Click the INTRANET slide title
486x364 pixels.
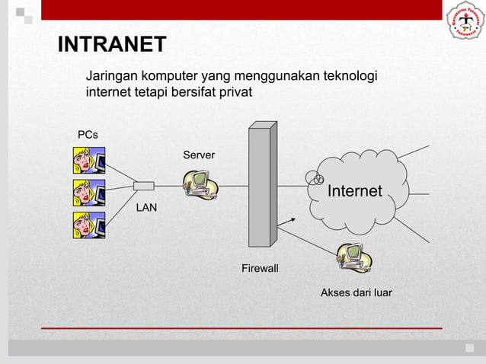(x=113, y=45)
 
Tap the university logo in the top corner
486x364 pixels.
(x=463, y=24)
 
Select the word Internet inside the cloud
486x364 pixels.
(x=354, y=191)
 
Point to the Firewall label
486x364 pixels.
(x=260, y=269)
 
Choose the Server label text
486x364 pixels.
(x=199, y=155)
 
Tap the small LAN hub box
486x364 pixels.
(x=143, y=186)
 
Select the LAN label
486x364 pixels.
(x=146, y=206)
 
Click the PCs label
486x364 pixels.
(x=88, y=135)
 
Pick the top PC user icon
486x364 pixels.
(x=88, y=160)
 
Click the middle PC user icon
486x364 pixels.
(x=88, y=193)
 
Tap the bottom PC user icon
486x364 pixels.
(x=88, y=225)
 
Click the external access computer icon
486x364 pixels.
(x=354, y=257)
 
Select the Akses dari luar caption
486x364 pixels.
(x=357, y=292)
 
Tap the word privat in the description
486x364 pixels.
(x=234, y=93)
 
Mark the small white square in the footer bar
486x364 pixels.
(x=469, y=348)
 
